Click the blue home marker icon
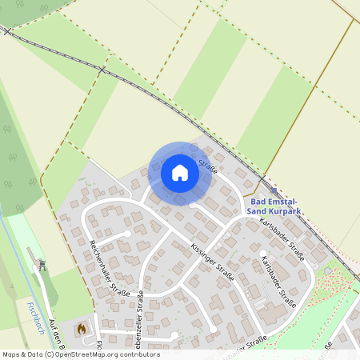180,172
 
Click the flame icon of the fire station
80,328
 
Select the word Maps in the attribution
11,354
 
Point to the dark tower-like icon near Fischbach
43,264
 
